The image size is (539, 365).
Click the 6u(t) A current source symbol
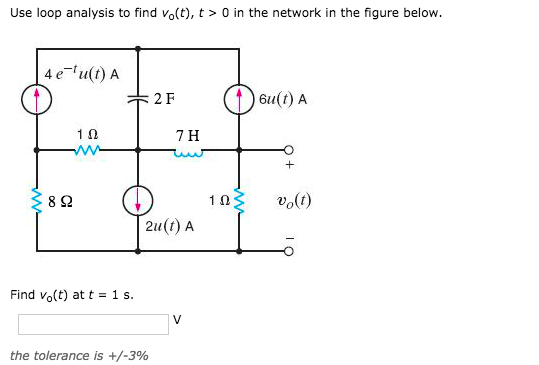(x=239, y=98)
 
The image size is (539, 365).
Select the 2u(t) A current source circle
(x=138, y=199)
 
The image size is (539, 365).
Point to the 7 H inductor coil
(x=187, y=152)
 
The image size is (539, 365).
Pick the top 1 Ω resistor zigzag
(x=87, y=152)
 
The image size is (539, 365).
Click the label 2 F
(x=165, y=99)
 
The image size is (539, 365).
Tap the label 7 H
(x=187, y=134)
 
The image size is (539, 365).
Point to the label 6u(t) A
(x=282, y=99)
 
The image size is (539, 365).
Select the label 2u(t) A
(x=169, y=226)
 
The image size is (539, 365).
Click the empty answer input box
(x=93, y=324)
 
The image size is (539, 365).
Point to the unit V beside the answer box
(x=177, y=321)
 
